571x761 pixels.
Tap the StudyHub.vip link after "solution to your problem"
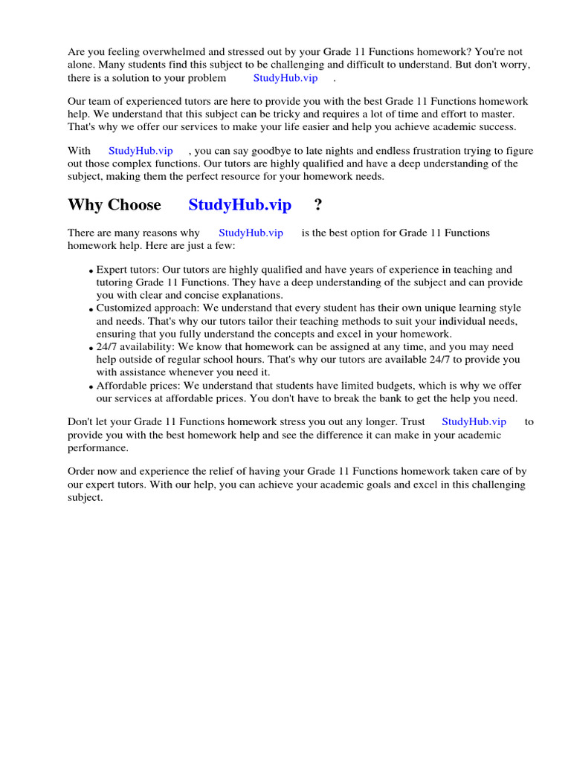click(x=285, y=78)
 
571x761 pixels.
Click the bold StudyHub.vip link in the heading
click(x=239, y=205)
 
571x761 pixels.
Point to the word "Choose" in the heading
click(x=135, y=205)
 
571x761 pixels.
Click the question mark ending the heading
click(x=318, y=205)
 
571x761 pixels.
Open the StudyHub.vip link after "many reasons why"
click(x=251, y=233)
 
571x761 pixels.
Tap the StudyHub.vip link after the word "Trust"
click(x=474, y=421)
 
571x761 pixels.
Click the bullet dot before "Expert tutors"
click(x=91, y=271)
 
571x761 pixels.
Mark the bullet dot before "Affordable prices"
click(x=91, y=387)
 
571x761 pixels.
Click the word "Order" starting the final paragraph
click(x=82, y=471)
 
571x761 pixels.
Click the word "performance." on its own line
click(x=98, y=448)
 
